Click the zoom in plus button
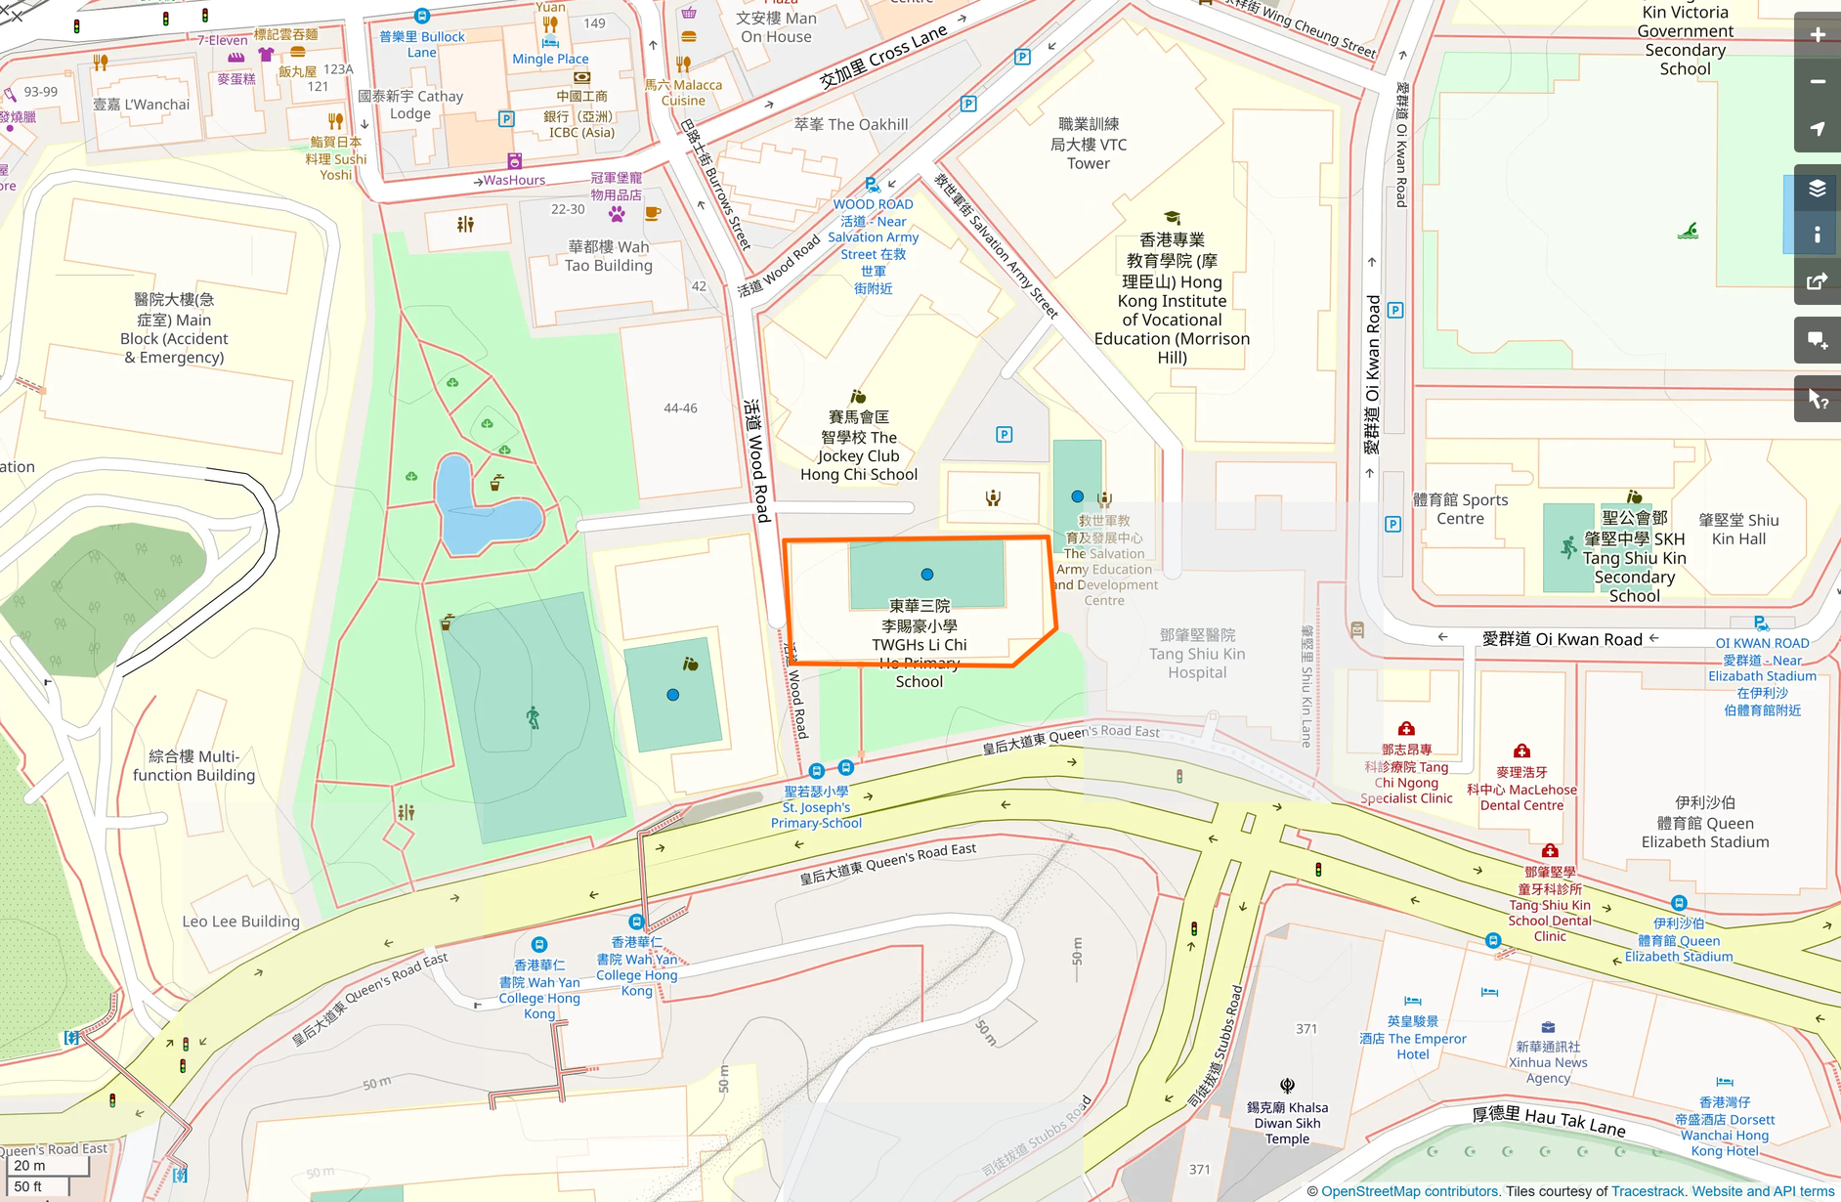(x=1817, y=35)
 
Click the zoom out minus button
(x=1817, y=82)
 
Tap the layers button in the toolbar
(x=1817, y=189)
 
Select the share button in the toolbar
(x=1817, y=282)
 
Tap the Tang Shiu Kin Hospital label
(x=1197, y=654)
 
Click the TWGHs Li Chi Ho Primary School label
(x=920, y=643)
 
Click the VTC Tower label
(x=1089, y=144)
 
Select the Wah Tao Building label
(x=608, y=256)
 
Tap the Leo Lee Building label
(x=240, y=922)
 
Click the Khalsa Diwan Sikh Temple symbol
(x=1287, y=1086)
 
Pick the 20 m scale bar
(x=45, y=1166)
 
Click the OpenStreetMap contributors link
(x=1409, y=1191)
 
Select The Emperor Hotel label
(x=1413, y=1038)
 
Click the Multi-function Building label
(x=193, y=766)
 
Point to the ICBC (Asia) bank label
(x=581, y=124)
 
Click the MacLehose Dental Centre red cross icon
(x=1521, y=751)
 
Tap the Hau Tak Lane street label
(x=1548, y=1121)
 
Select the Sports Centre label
(x=1460, y=509)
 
